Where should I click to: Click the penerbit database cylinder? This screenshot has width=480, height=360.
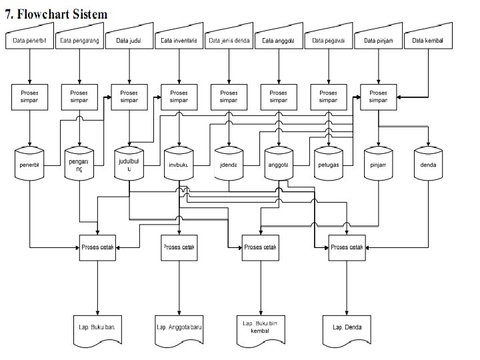tap(29, 163)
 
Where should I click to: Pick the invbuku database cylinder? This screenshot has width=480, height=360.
tap(179, 163)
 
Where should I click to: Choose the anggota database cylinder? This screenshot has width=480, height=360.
tap(279, 163)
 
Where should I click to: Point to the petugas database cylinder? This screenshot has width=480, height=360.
tap(329, 163)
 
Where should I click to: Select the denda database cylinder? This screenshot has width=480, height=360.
tap(428, 163)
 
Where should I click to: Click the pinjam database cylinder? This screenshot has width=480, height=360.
tap(379, 163)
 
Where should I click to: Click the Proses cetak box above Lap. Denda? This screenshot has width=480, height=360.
tap(347, 247)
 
